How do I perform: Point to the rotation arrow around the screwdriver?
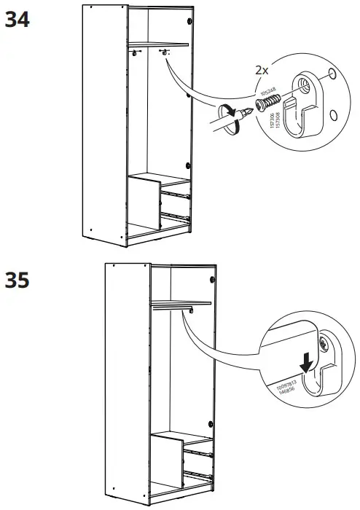click(x=230, y=119)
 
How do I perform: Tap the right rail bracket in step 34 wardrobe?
click(x=165, y=51)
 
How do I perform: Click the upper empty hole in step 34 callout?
click(x=332, y=73)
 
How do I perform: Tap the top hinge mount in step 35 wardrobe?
click(x=213, y=278)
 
